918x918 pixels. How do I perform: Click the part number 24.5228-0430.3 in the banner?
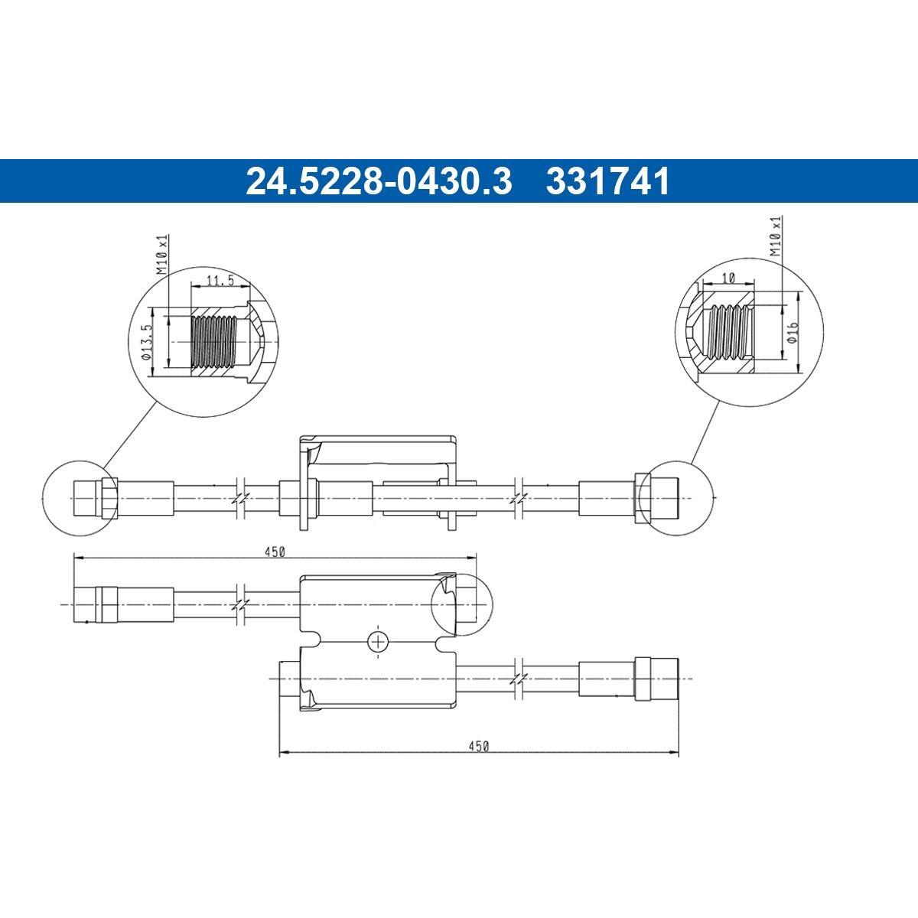(379, 181)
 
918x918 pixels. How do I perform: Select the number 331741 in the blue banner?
(608, 181)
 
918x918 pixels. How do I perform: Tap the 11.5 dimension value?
(220, 280)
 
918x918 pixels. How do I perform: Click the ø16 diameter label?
(793, 331)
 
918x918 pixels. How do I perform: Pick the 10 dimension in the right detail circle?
(728, 278)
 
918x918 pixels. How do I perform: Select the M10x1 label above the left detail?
(162, 255)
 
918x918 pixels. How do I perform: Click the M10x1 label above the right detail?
(776, 236)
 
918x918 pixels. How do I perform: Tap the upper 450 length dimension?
(275, 552)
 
